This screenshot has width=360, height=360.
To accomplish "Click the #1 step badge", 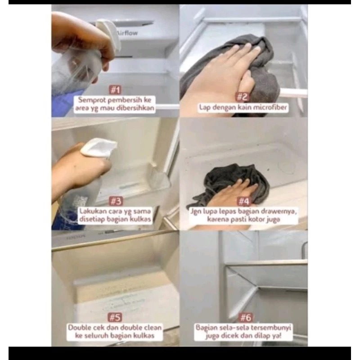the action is tap(115, 90).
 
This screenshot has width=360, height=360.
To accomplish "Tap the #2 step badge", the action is tap(243, 97).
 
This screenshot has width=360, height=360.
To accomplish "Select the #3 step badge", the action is tap(116, 201).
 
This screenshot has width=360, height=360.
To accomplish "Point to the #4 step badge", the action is tap(244, 201).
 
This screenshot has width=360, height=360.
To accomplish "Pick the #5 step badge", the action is tap(115, 317).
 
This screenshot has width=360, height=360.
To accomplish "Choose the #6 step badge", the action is tap(246, 318).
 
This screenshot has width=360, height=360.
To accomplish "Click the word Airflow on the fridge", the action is tap(127, 33).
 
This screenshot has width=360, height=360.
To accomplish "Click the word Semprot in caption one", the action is tap(92, 100).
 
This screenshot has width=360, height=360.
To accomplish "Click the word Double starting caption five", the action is tap(80, 328).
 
